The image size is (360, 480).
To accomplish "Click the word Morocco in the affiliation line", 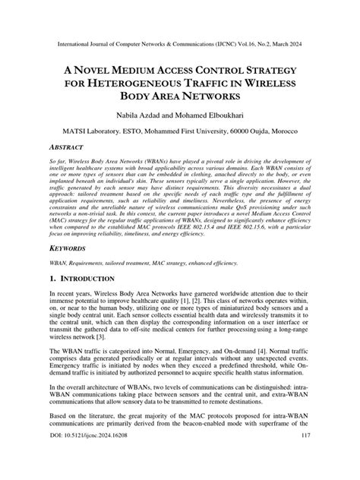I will point(288,131).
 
